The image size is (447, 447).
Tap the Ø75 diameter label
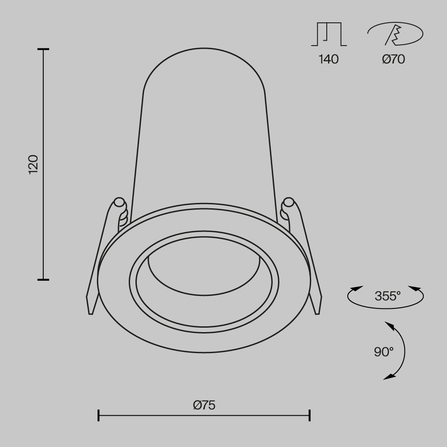point(204,405)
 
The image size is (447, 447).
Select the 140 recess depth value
point(329,59)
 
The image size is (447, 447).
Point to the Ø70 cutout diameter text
point(393,59)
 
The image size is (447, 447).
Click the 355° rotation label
point(388,296)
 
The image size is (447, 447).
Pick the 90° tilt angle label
point(384,352)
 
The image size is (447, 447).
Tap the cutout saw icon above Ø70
point(395,34)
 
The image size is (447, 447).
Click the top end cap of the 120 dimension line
point(43,49)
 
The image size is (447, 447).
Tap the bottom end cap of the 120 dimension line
point(43,280)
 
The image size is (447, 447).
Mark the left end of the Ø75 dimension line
point(98,416)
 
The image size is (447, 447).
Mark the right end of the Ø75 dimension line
point(310,416)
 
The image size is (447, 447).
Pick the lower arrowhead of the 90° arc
point(389,377)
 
